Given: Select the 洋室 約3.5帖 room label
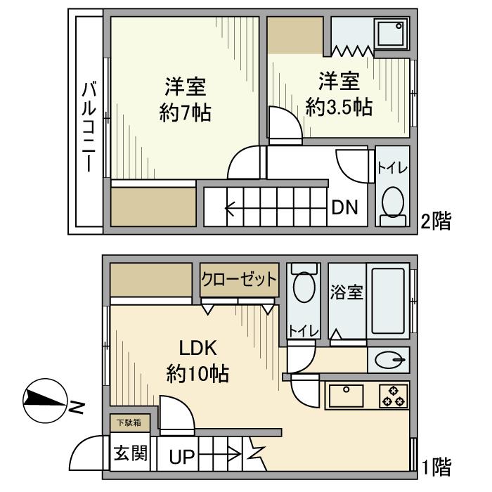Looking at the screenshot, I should pos(338,93).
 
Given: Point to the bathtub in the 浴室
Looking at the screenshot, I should pos(388,301).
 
